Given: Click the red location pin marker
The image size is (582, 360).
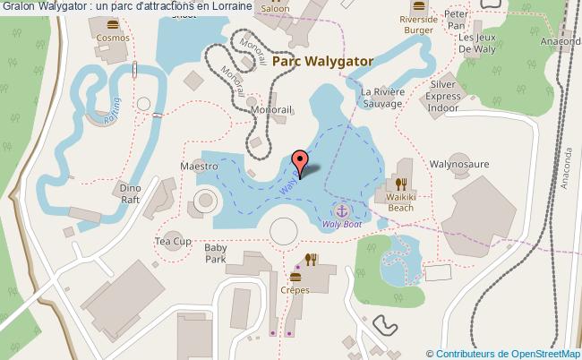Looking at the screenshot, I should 301,162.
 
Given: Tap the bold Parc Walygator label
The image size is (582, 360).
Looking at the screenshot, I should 322,61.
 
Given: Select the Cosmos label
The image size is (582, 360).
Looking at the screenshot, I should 113,39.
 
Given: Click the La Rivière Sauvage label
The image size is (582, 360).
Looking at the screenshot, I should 382,98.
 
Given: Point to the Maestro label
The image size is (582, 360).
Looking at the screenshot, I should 199,167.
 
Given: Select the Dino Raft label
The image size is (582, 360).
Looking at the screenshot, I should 131,193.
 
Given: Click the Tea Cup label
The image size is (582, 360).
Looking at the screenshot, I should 173,242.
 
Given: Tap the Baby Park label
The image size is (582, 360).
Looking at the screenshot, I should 216,253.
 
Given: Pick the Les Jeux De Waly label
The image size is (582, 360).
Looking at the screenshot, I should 477,44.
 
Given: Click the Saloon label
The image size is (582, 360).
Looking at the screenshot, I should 276,8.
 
